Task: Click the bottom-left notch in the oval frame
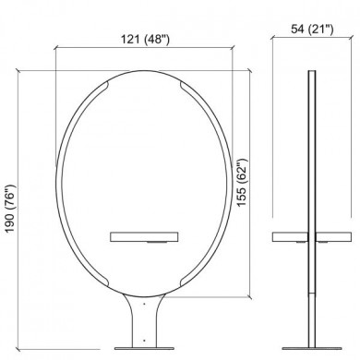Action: click(103, 281)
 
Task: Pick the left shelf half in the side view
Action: click(290, 236)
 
